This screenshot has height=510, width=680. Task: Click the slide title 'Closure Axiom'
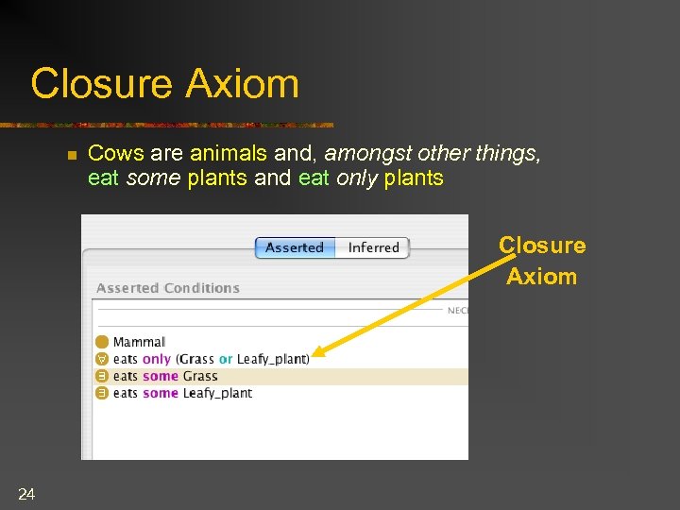point(164,83)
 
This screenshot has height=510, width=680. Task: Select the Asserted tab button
point(294,247)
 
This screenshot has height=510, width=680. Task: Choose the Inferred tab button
point(373,247)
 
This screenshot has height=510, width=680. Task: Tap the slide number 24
point(26,493)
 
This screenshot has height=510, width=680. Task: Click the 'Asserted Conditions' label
point(168,288)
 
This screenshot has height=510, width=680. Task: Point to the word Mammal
point(139,342)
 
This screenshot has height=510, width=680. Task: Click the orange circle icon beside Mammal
point(102,342)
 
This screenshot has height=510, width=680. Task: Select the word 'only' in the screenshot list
point(157,359)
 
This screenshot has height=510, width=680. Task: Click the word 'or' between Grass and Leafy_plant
point(226,359)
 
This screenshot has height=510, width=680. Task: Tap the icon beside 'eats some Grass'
point(102,376)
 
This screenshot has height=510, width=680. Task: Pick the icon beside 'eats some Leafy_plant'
point(102,393)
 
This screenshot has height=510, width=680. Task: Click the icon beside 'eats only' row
point(102,359)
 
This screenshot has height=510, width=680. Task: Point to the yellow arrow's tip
point(314,356)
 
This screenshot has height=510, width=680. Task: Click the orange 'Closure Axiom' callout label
point(542,261)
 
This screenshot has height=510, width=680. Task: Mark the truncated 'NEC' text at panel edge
point(457,310)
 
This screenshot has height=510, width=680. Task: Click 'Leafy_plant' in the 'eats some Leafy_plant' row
point(217,393)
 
